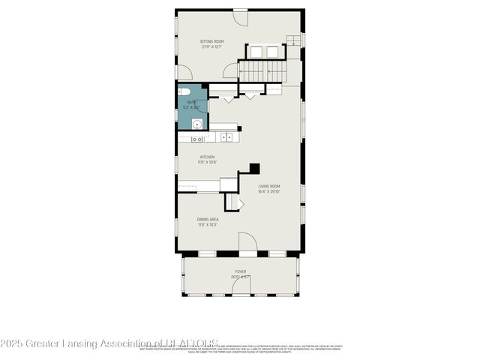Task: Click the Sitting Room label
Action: pos(211,41)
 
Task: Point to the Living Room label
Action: pos(269,186)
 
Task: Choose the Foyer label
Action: pos(240,271)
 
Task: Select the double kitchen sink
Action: pos(196,139)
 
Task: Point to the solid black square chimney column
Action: pos(255,169)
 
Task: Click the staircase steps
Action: pos(262,70)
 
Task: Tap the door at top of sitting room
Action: pos(240,14)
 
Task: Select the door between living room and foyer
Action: pos(247,243)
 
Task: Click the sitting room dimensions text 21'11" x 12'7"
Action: pos(211,47)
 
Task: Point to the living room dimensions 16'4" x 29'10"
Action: pos(269,192)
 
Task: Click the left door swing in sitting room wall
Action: pos(184,73)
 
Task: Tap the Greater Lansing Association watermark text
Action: pos(109,344)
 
